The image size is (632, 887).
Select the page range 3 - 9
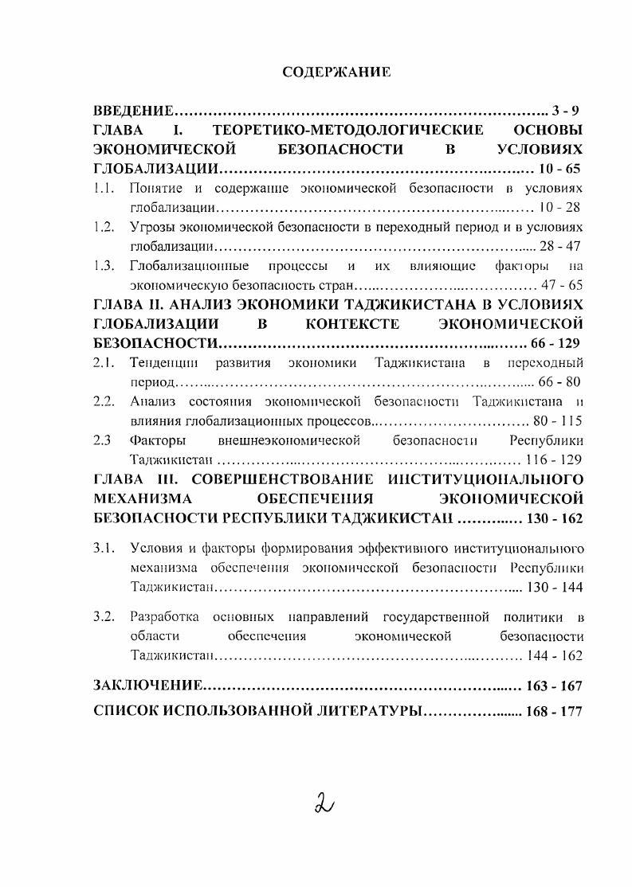pyautogui.click(x=567, y=110)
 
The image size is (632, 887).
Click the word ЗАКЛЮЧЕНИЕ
pyautogui.click(x=147, y=686)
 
